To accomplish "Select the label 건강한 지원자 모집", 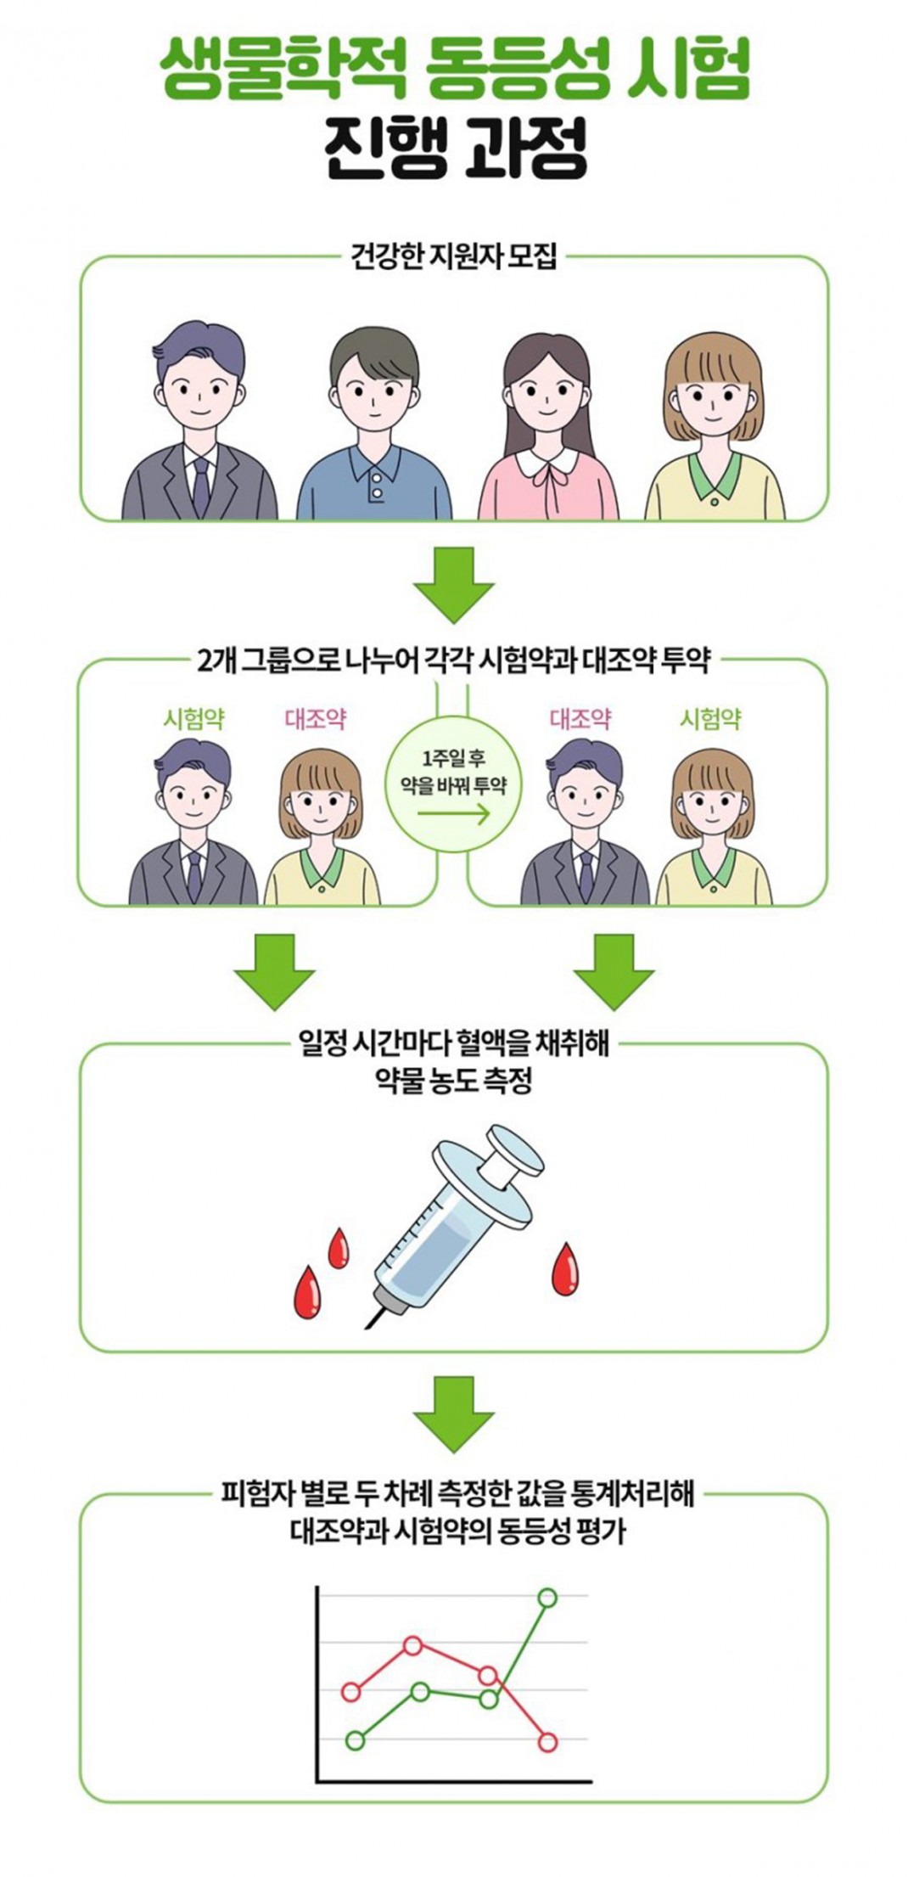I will [454, 256].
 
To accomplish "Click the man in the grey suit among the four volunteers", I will [199, 424].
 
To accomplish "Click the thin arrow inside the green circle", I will [453, 815].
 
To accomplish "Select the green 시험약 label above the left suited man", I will [193, 720].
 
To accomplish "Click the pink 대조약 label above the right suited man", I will [580, 720].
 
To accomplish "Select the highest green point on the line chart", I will [548, 1597].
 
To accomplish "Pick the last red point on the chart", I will [548, 1742].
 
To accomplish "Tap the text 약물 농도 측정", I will [454, 1081].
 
